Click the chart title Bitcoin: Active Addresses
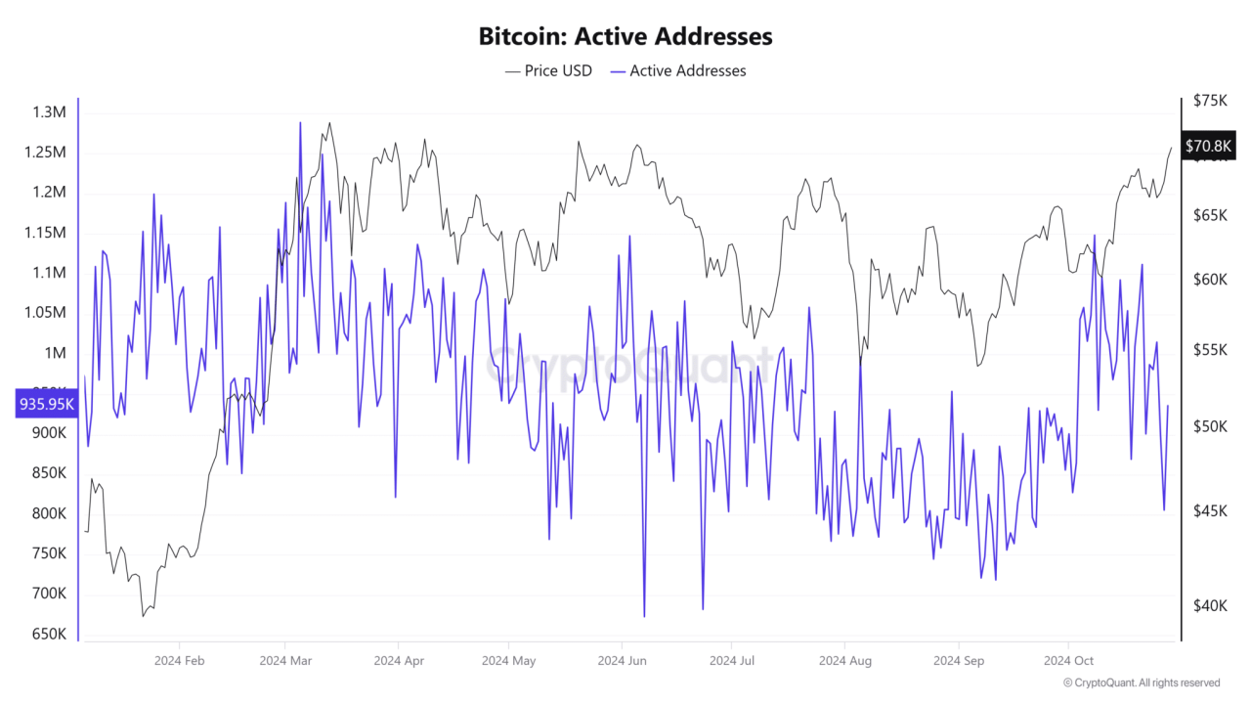625,36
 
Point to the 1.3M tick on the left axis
49,112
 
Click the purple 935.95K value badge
45,403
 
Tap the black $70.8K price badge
1209,147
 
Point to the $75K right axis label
1210,101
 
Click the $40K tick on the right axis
1210,606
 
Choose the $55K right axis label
1210,350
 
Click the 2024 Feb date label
180,660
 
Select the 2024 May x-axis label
509,660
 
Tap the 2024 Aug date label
846,660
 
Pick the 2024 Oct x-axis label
1070,660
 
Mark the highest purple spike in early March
300,123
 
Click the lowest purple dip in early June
644,616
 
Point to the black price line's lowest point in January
143,616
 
